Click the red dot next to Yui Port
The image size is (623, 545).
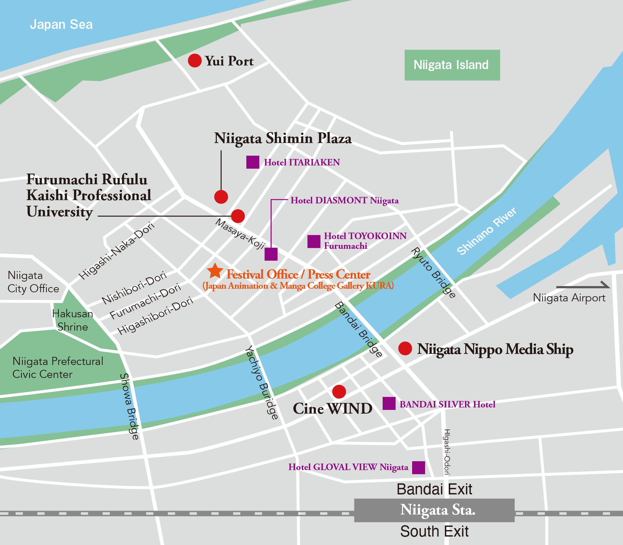coord(195,61)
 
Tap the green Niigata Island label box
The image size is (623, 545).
coord(452,65)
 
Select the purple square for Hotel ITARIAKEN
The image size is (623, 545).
coord(252,162)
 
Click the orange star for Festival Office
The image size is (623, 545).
coord(215,271)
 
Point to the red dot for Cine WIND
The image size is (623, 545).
coord(339,392)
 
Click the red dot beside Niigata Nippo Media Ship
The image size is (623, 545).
coord(405,348)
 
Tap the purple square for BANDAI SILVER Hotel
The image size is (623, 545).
coord(389,403)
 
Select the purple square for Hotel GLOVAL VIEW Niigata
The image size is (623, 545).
coord(418,467)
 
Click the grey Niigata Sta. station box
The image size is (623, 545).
coord(434,510)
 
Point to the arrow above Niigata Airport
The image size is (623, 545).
coord(583,286)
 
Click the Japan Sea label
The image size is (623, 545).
coord(61,25)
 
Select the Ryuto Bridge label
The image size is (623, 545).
coord(434,272)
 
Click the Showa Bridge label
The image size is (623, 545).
coord(129,406)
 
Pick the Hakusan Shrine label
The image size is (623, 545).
coord(73,320)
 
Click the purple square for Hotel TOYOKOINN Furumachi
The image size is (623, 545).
coord(314,241)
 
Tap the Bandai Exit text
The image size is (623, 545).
coord(434,489)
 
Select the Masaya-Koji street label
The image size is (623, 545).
coord(240,234)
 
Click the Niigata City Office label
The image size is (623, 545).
coord(33,282)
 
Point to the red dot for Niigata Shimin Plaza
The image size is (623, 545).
coord(221,197)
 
